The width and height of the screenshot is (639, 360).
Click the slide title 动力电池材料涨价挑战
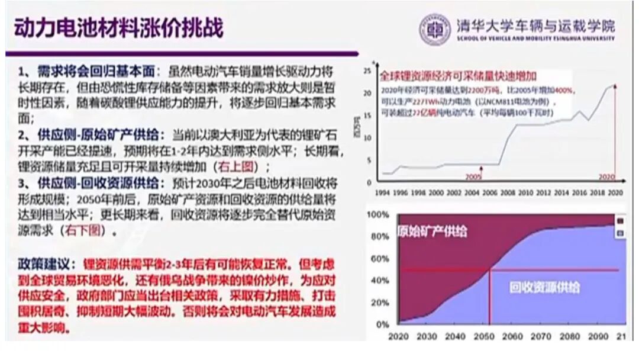[118, 28]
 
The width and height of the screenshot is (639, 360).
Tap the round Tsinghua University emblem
[435, 28]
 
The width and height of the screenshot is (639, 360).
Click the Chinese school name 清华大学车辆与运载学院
[535, 25]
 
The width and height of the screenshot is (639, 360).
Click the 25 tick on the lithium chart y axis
[367, 71]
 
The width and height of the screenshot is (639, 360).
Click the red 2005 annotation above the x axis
[473, 176]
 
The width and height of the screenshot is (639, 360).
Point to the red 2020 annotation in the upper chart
[606, 176]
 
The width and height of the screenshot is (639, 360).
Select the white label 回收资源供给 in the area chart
[544, 288]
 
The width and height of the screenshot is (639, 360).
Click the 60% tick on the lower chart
[379, 259]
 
